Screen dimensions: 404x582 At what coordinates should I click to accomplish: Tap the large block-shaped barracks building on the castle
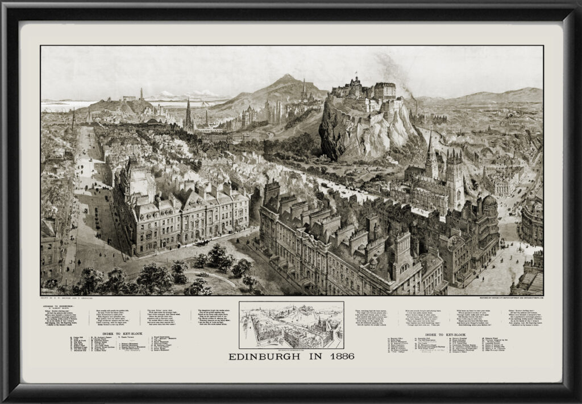coord(385,90)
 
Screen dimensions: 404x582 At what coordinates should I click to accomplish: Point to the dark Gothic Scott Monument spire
coord(188,114)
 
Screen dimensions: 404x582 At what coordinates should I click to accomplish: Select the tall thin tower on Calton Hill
coord(141,94)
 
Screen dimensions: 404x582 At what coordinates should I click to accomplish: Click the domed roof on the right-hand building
coord(489,201)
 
